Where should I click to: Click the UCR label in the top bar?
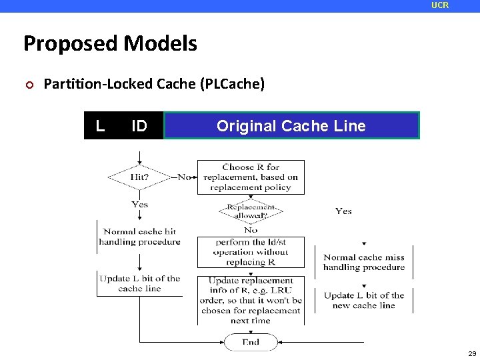pyautogui.click(x=440, y=5)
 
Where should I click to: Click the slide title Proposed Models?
pyautogui.click(x=110, y=43)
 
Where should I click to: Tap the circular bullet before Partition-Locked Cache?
pyautogui.click(x=27, y=85)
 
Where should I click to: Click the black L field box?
pyautogui.click(x=100, y=125)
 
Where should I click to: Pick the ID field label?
pyautogui.click(x=139, y=125)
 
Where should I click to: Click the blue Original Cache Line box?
pyautogui.click(x=291, y=125)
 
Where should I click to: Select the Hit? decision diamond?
pyautogui.click(x=139, y=177)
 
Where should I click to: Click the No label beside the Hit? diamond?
pyautogui.click(x=184, y=177)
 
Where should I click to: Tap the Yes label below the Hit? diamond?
pyautogui.click(x=139, y=204)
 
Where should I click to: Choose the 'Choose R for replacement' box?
pyautogui.click(x=251, y=177)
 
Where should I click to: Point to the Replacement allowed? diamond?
pyautogui.click(x=251, y=211)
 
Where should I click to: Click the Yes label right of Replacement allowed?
pyautogui.click(x=343, y=211)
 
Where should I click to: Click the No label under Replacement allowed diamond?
pyautogui.click(x=251, y=230)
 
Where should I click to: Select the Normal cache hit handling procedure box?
pyautogui.click(x=139, y=237)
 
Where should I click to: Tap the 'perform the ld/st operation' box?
pyautogui.click(x=251, y=252)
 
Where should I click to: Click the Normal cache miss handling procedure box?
pyautogui.click(x=364, y=262)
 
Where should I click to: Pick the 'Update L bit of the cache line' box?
pyautogui.click(x=139, y=283)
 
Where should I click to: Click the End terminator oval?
pyautogui.click(x=251, y=342)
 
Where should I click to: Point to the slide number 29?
pyautogui.click(x=471, y=353)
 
